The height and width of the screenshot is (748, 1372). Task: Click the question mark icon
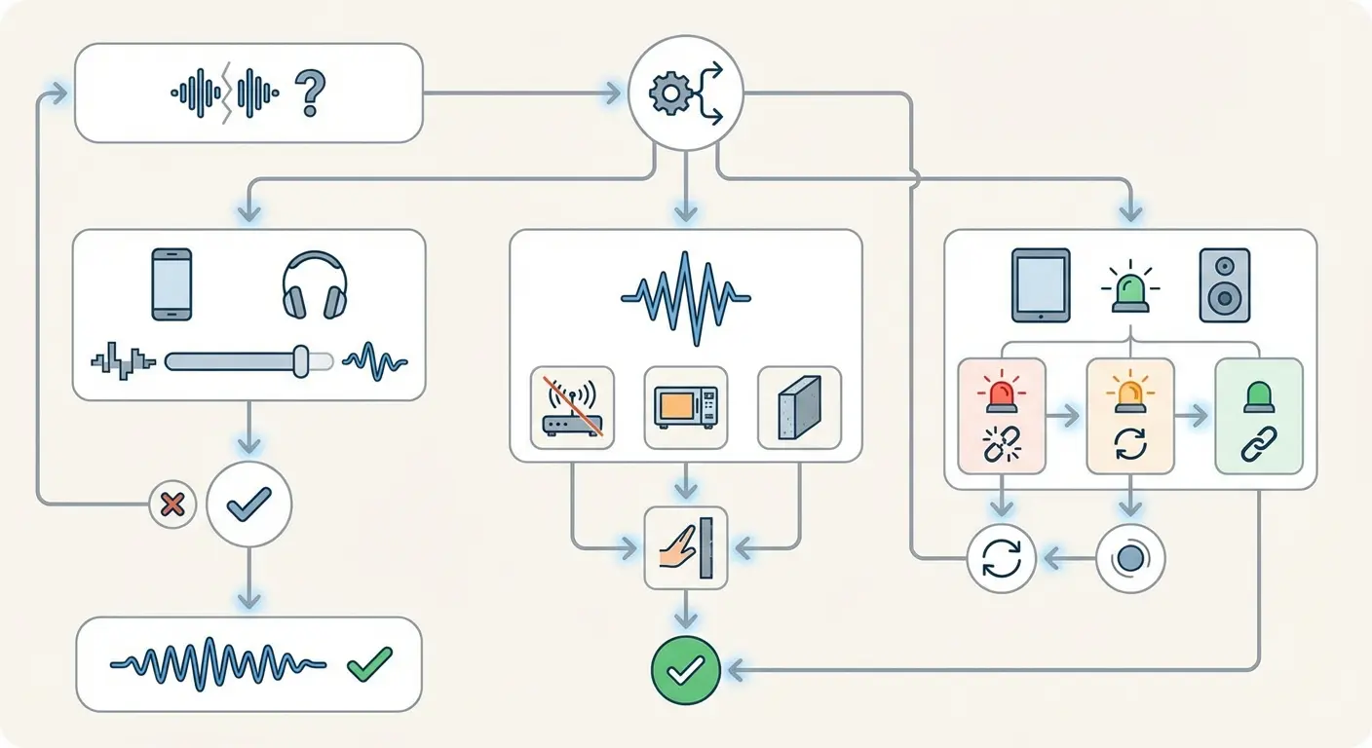point(309,93)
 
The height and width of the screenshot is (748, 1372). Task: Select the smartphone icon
point(171,283)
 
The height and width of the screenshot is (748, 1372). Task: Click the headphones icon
point(314,285)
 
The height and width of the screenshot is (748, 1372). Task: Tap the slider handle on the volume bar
point(301,360)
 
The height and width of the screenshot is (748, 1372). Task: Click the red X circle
point(172,505)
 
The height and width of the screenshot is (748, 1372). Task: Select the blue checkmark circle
point(248,504)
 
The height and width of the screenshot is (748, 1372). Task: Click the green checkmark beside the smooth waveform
point(369,663)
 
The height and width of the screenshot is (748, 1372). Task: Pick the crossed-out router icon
point(572,407)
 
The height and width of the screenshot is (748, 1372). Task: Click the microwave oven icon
point(686,407)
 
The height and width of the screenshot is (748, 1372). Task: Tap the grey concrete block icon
point(799,407)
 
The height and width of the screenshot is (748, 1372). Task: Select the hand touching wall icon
point(686,547)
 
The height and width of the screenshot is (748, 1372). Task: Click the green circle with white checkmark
point(686,669)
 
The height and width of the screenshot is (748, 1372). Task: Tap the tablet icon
point(1041,285)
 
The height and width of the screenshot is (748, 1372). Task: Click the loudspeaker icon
point(1225,285)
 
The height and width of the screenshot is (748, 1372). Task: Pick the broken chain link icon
point(1001,444)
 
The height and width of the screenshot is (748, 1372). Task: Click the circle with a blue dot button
point(1130,560)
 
